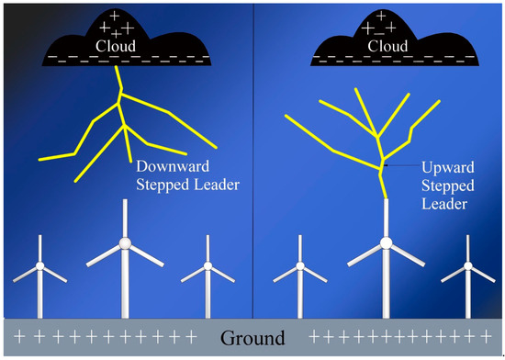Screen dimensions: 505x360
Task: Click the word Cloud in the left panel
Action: (116, 46)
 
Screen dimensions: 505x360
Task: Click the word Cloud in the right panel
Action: (387, 46)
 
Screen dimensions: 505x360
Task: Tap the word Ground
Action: (252, 338)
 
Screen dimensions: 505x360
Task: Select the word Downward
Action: (173, 166)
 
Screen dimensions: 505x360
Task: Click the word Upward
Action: (448, 168)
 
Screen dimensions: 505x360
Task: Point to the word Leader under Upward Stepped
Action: (444, 204)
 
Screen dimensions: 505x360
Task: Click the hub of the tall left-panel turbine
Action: (125, 243)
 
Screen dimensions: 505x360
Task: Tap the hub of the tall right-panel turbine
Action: (386, 243)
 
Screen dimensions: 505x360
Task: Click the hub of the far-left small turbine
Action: (39, 266)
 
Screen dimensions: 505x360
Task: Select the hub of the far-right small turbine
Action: (468, 266)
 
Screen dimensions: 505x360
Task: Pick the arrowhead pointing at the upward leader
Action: (386, 165)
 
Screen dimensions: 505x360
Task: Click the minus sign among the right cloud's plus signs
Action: (380, 33)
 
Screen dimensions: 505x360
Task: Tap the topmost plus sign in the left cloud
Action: (115, 16)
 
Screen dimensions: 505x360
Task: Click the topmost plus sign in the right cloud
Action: (381, 16)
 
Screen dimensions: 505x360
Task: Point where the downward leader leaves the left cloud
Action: (117, 66)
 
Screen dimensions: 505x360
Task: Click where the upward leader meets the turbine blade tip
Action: (386, 198)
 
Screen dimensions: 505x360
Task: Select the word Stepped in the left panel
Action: (163, 186)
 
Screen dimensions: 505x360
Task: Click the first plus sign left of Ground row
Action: (19, 336)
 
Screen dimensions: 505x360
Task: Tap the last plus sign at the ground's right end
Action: (486, 337)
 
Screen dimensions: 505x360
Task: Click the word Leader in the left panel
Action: (217, 185)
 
